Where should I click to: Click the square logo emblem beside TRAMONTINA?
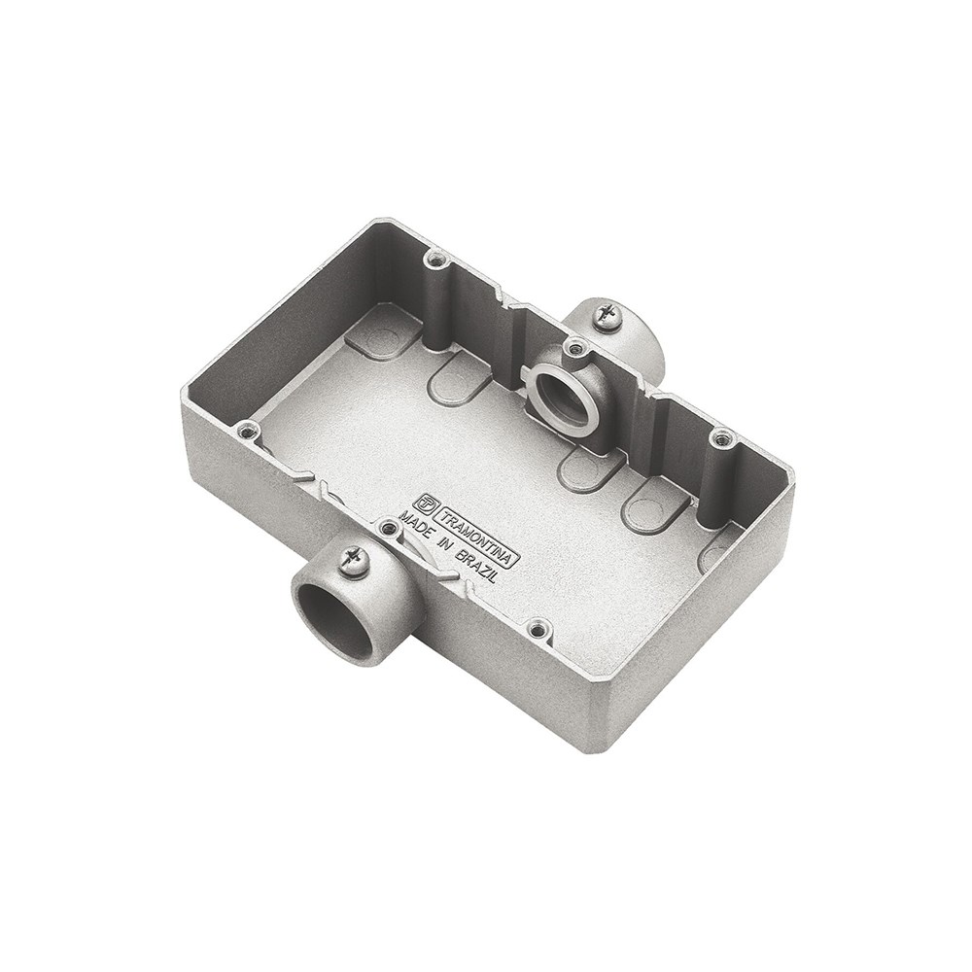(427, 501)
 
